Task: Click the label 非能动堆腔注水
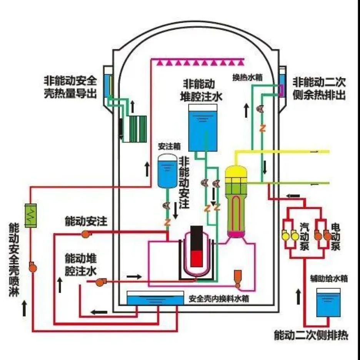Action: coord(198,90)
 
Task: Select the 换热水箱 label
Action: coord(247,77)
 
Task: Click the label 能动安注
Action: coord(86,221)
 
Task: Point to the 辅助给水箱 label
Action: coord(329,278)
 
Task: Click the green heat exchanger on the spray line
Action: coord(30,215)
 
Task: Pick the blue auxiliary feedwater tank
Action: coord(328,304)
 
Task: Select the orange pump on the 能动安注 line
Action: coord(86,233)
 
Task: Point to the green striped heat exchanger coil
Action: coord(138,129)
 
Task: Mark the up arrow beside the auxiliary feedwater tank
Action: coord(298,297)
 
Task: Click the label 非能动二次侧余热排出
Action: coord(319,88)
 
